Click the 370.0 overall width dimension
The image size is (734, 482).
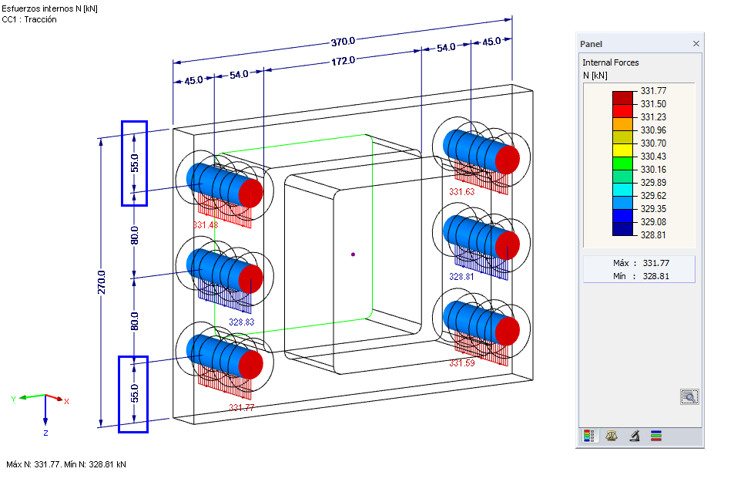pyautogui.click(x=343, y=41)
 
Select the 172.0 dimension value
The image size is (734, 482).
pyautogui.click(x=343, y=60)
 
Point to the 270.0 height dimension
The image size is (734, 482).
pyautogui.click(x=102, y=281)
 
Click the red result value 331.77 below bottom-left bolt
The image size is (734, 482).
pyautogui.click(x=241, y=407)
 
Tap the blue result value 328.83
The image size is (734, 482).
pyautogui.click(x=242, y=322)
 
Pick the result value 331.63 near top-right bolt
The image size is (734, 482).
pyautogui.click(x=462, y=192)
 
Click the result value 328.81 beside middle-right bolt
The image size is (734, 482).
pyautogui.click(x=461, y=275)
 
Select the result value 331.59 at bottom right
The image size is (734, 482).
pyautogui.click(x=462, y=362)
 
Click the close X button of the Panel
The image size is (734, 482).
pyautogui.click(x=696, y=44)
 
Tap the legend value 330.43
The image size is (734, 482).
pyautogui.click(x=653, y=157)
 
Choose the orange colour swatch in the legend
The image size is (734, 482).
pyautogui.click(x=622, y=123)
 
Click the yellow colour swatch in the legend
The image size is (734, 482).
pyautogui.click(x=622, y=150)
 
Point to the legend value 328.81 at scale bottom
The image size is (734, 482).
pyautogui.click(x=653, y=235)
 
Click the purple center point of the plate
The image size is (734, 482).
pyautogui.click(x=353, y=254)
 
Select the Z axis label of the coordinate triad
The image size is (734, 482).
pyautogui.click(x=46, y=433)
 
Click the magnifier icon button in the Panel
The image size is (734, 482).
pyautogui.click(x=689, y=397)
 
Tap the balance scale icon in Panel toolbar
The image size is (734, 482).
pyautogui.click(x=612, y=436)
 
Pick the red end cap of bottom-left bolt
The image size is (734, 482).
pyautogui.click(x=251, y=364)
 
